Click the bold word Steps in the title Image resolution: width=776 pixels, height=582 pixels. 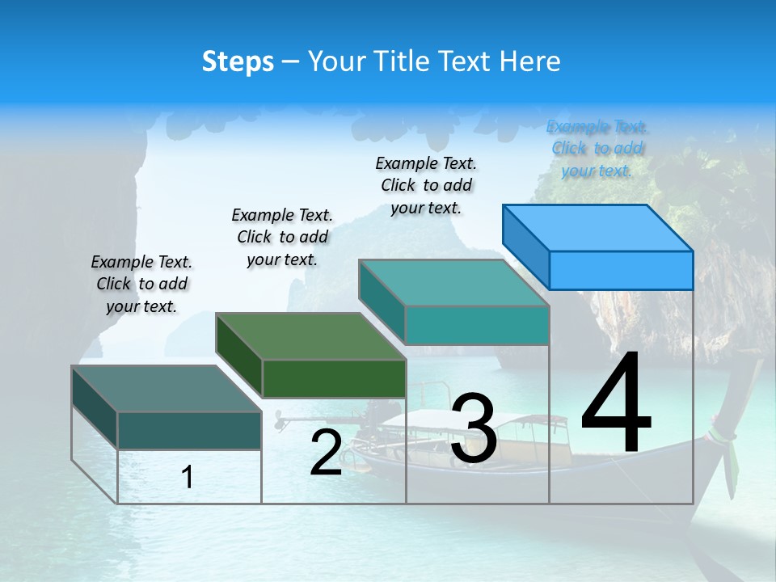click(x=238, y=61)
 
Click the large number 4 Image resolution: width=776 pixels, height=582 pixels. click(x=616, y=404)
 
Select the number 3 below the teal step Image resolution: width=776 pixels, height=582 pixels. click(x=474, y=428)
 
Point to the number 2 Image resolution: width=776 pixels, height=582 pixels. click(x=326, y=453)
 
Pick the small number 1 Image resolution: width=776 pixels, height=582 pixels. click(x=188, y=478)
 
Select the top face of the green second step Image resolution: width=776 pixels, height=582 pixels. click(x=311, y=335)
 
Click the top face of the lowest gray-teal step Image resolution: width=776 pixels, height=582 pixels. click(x=167, y=388)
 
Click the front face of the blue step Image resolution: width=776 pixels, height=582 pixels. click(x=621, y=270)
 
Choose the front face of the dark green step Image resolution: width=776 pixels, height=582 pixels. click(x=334, y=378)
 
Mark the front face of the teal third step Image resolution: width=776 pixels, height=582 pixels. click(x=477, y=325)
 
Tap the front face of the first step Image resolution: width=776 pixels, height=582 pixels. click(x=189, y=430)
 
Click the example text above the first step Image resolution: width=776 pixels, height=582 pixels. click(x=141, y=284)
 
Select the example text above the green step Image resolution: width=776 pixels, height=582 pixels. click(x=282, y=237)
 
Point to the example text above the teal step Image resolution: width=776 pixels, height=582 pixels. click(x=426, y=185)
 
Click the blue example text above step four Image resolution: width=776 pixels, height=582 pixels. click(x=597, y=148)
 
